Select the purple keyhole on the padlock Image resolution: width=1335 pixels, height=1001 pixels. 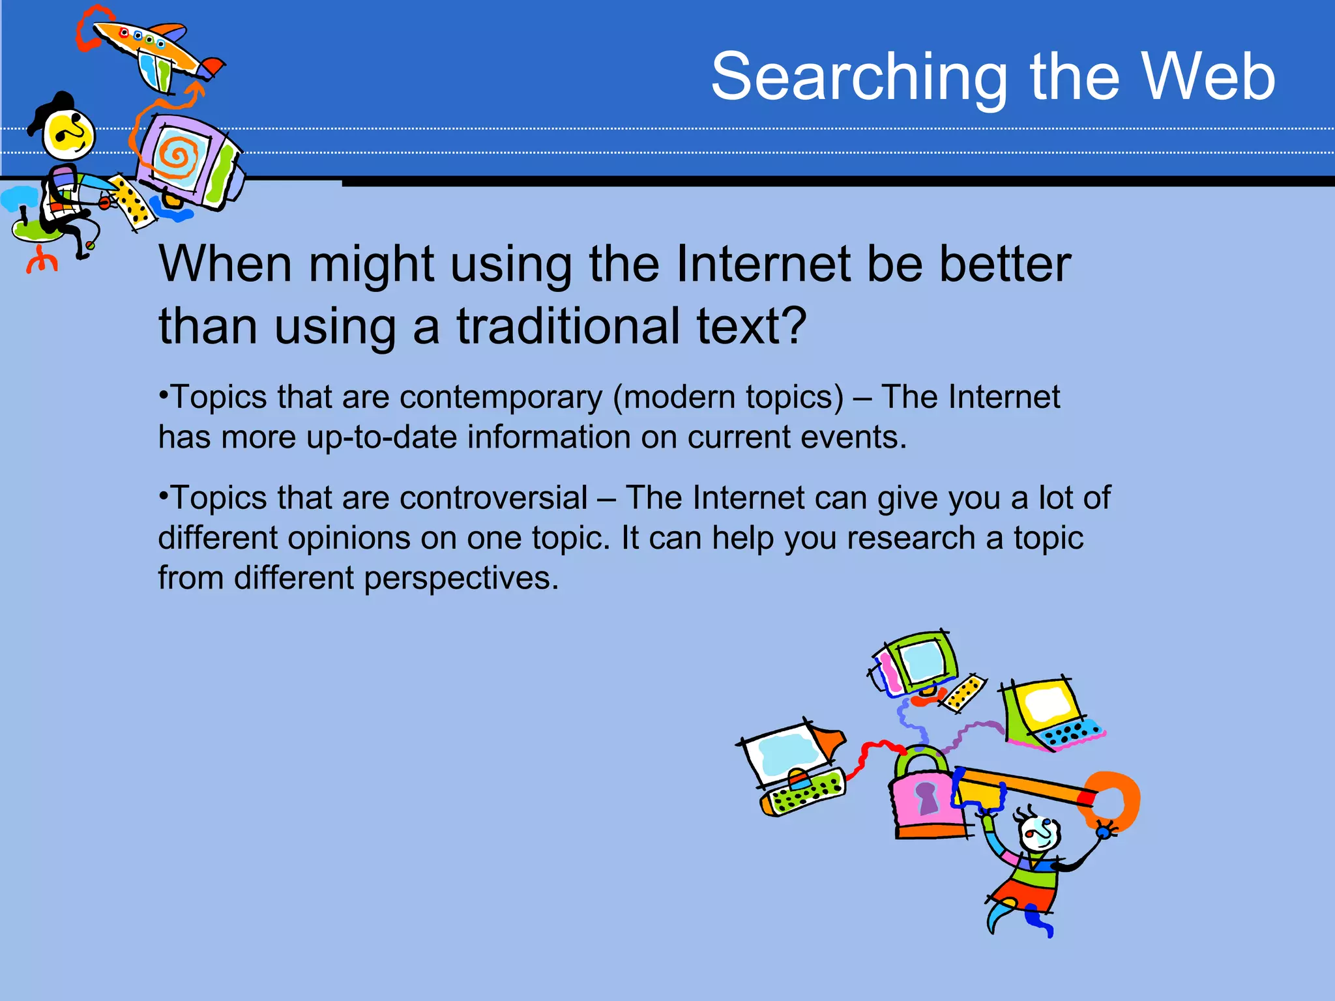pos(927,798)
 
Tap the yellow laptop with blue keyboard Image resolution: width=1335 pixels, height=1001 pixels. pos(1049,714)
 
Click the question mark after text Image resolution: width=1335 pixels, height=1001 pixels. pos(792,326)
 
